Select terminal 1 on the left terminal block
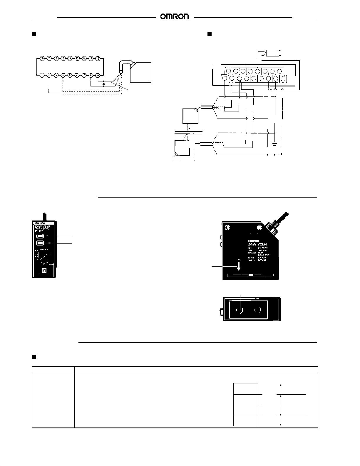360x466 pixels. [42, 75]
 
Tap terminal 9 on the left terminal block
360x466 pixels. [98, 75]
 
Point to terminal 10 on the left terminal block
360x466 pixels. [43, 58]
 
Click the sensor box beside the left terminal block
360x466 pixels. [140, 72]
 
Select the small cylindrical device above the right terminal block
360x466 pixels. [273, 53]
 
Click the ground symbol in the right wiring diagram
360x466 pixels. [274, 144]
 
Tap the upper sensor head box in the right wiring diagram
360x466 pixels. [190, 116]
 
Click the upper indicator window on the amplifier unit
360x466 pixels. [39, 236]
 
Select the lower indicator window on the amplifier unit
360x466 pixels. [39, 243]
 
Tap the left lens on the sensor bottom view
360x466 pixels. [240, 310]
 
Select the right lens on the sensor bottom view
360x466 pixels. [258, 310]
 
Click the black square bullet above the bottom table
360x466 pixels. [34, 357]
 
